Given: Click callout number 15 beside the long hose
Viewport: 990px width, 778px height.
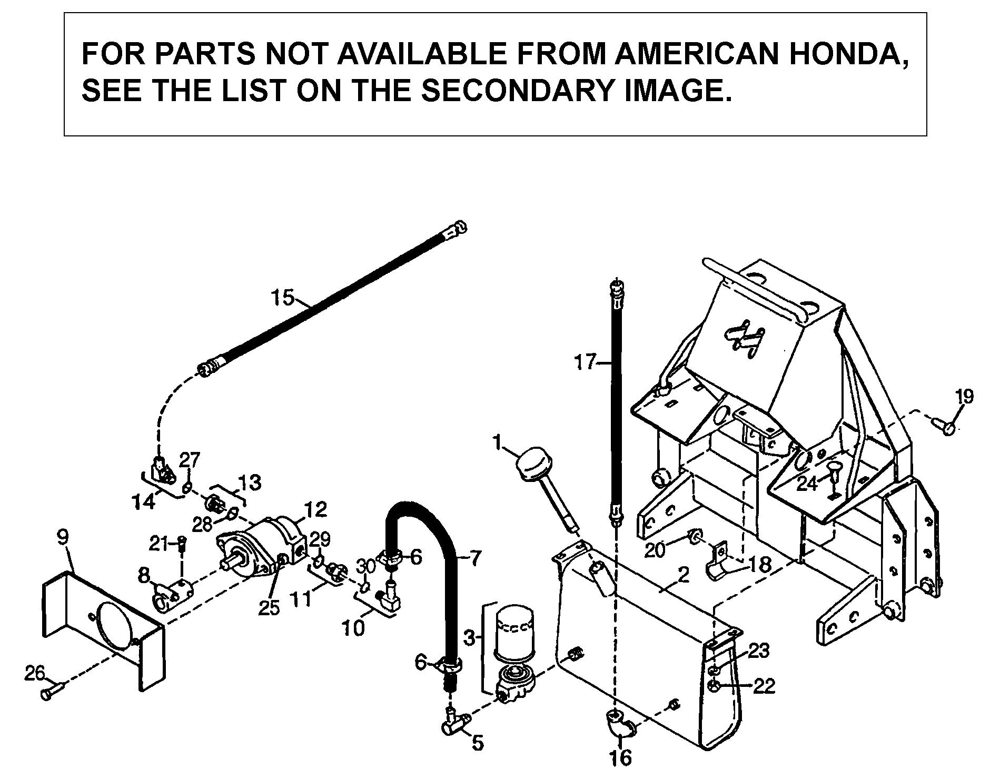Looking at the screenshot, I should click(x=283, y=298).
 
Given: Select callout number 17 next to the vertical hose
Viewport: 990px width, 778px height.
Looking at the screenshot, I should click(x=585, y=362).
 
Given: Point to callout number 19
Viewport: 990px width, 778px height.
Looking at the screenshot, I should click(x=964, y=396).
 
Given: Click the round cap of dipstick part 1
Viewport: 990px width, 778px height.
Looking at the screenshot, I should click(x=533, y=466).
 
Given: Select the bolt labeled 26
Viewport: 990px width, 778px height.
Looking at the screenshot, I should click(x=52, y=691).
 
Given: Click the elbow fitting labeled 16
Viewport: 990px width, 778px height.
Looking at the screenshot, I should click(x=619, y=725).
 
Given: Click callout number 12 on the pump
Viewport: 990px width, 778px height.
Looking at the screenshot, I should click(x=315, y=509).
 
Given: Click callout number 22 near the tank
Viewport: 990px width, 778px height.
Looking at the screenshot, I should click(x=764, y=686).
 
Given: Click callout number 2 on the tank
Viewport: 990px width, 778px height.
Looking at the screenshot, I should click(x=683, y=575).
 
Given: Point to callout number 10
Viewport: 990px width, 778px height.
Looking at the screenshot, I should click(x=353, y=627).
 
